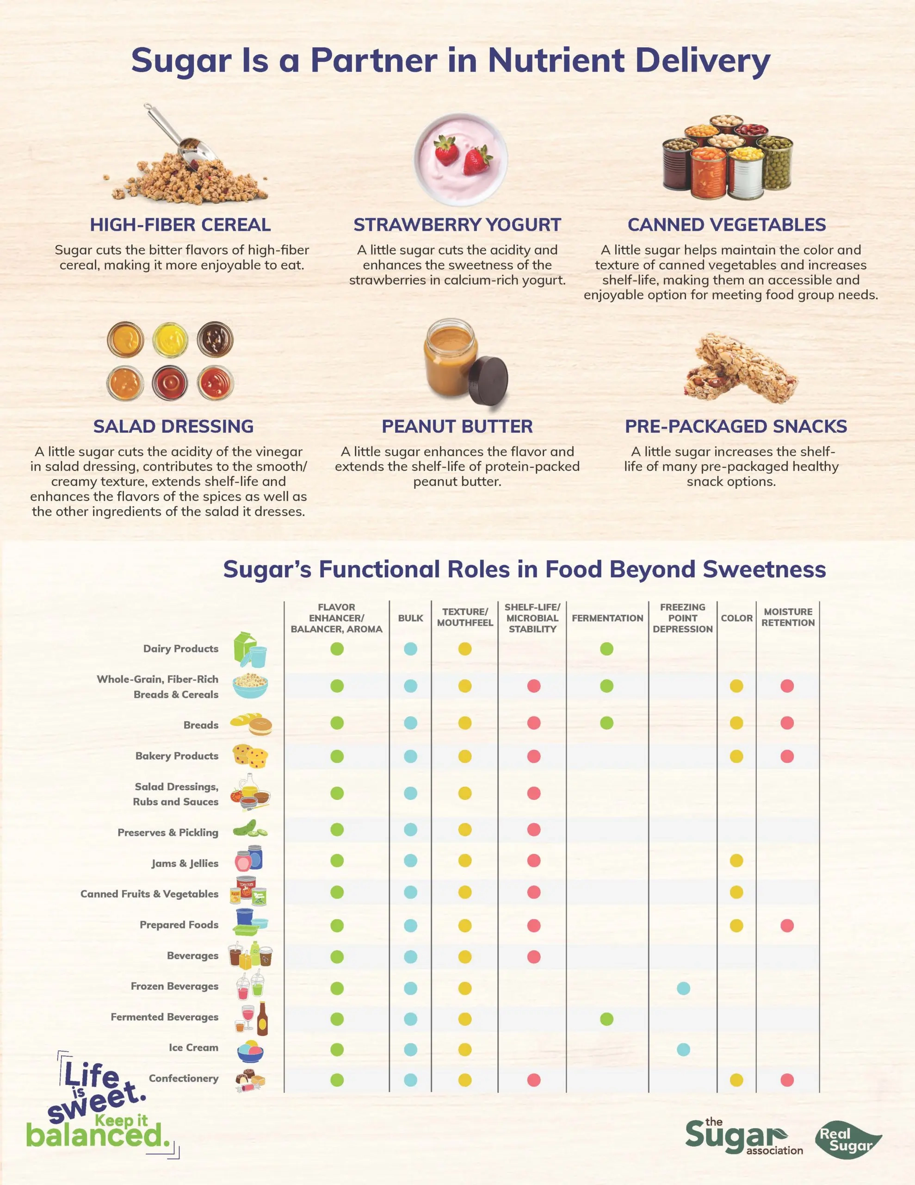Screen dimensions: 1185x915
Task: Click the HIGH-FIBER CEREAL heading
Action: [180, 225]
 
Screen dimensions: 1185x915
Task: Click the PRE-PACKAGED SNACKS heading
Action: [736, 426]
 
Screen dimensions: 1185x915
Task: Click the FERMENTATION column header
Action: [607, 618]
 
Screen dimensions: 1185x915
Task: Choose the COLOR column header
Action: [736, 618]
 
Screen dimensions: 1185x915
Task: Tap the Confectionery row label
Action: [183, 1078]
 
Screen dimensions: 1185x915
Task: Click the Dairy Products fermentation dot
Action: [606, 649]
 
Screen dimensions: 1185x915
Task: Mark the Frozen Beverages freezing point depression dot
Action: [683, 988]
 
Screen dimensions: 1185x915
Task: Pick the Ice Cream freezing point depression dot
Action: [683, 1049]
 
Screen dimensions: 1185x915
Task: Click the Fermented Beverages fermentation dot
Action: [606, 1018]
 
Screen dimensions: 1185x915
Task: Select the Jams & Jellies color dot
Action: [736, 860]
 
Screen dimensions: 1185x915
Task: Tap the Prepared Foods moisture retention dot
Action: [786, 925]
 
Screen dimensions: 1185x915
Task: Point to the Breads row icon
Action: [251, 724]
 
